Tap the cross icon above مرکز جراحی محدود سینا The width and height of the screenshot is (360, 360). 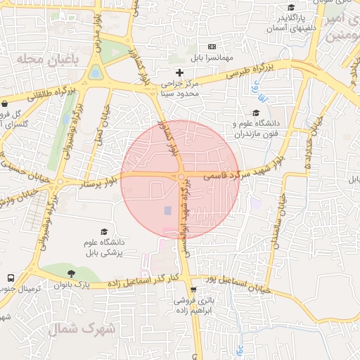(179, 72)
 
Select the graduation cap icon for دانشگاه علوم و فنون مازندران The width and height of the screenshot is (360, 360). (257, 112)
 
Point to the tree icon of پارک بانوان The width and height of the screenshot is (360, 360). (70, 273)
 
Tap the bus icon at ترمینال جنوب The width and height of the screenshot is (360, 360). (11, 278)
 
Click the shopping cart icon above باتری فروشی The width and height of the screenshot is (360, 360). (193, 289)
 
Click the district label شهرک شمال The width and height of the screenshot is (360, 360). (72, 328)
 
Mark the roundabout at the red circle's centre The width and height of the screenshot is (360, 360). (181, 177)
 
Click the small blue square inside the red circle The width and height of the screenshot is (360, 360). (167, 210)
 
